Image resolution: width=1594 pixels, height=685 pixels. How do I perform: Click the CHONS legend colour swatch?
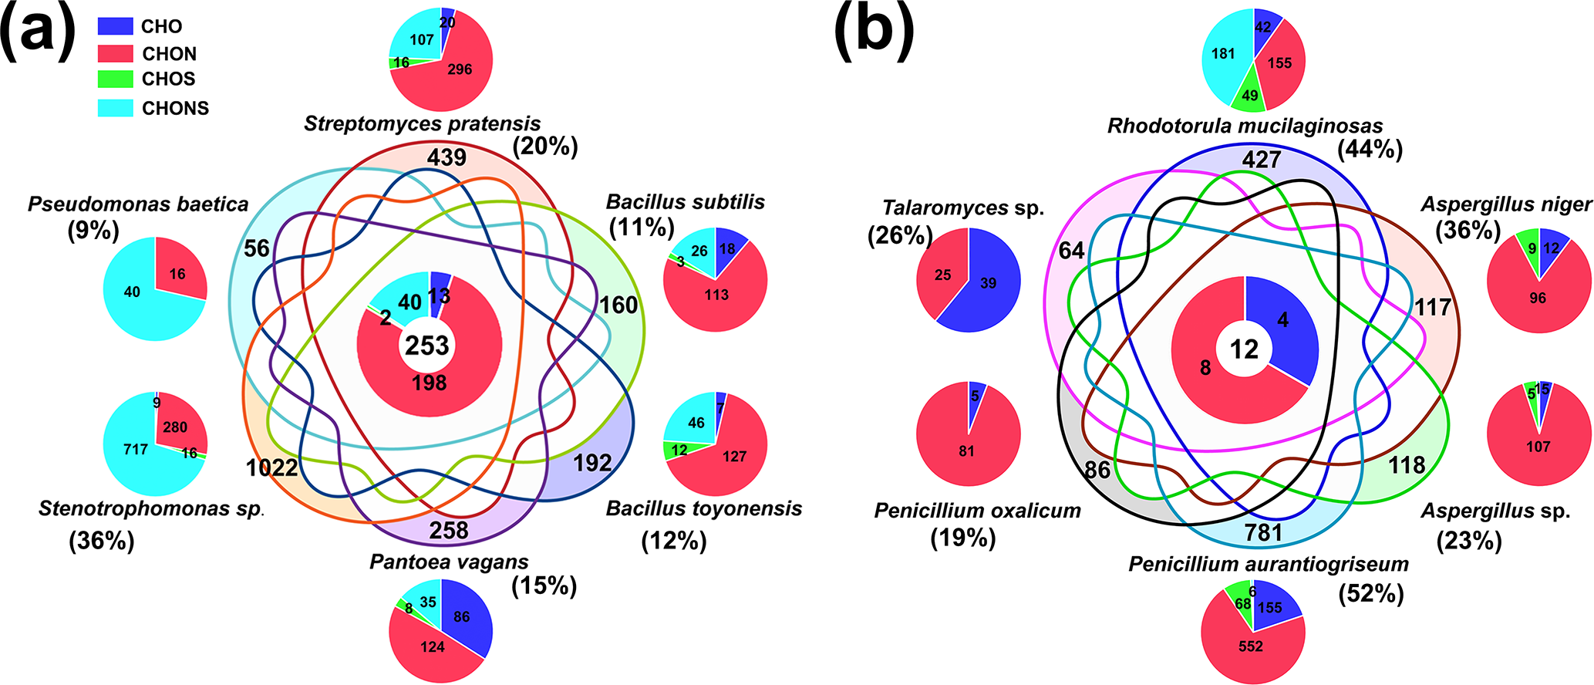pos(116,108)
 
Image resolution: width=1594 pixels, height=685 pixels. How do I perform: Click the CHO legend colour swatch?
pos(116,26)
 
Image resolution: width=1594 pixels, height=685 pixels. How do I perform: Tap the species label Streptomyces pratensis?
pos(422,123)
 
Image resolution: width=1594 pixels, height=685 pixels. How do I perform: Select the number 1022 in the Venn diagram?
pos(271,467)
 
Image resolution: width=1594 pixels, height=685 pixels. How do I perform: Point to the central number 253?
pos(427,346)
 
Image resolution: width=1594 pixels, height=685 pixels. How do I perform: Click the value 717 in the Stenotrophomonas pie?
pos(136,449)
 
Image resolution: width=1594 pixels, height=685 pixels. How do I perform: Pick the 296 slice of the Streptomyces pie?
pos(460,69)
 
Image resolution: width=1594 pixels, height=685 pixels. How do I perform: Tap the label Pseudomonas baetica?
pos(138,204)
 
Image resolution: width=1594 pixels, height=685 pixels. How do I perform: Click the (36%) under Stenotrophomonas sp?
pos(102,541)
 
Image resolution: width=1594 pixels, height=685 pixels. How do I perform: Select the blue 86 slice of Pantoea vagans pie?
pos(462,616)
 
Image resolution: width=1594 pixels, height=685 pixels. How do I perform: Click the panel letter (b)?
pos(875,32)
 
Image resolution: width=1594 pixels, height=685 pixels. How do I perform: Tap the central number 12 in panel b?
pos(1244,349)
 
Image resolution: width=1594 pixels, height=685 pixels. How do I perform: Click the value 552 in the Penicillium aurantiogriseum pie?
pos(1251,646)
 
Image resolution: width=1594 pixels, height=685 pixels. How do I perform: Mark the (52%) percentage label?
pos(1371,593)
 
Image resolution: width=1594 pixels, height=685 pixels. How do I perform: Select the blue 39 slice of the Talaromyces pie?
pos(989,283)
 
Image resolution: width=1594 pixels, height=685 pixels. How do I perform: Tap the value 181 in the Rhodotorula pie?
pos(1223,54)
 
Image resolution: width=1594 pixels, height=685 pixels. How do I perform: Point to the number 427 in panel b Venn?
pos(1262,160)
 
